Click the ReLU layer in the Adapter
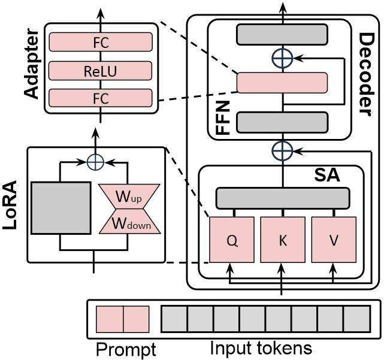click(x=100, y=71)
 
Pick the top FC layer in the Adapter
click(x=100, y=43)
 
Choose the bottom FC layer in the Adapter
click(x=100, y=98)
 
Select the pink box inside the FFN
click(x=282, y=83)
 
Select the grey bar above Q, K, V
click(x=282, y=198)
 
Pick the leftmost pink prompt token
click(x=110, y=319)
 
